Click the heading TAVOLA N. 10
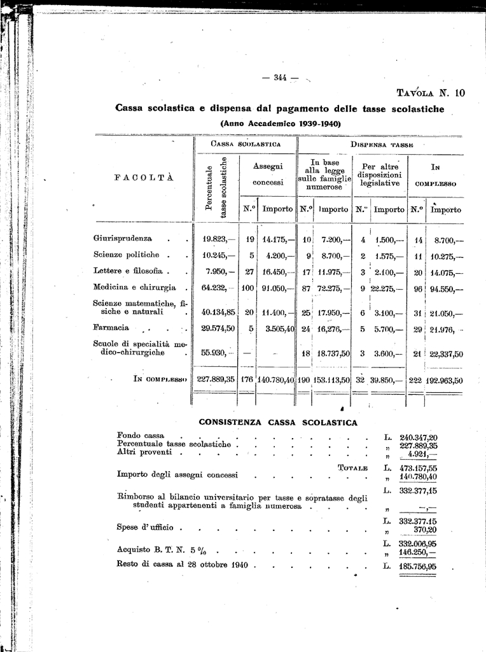[x=431, y=93]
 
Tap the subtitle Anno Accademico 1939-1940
[x=281, y=123]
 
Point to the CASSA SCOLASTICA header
[x=246, y=145]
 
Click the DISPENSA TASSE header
[x=382, y=145]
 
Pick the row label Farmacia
[x=111, y=328]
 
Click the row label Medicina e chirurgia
[x=134, y=287]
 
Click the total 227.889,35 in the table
[x=216, y=379]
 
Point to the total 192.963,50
[x=445, y=380]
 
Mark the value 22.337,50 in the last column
[x=445, y=355]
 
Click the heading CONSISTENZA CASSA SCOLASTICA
[x=278, y=422]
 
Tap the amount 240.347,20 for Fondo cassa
[x=418, y=437]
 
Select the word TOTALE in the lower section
[x=353, y=468]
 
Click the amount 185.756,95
[x=418, y=565]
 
